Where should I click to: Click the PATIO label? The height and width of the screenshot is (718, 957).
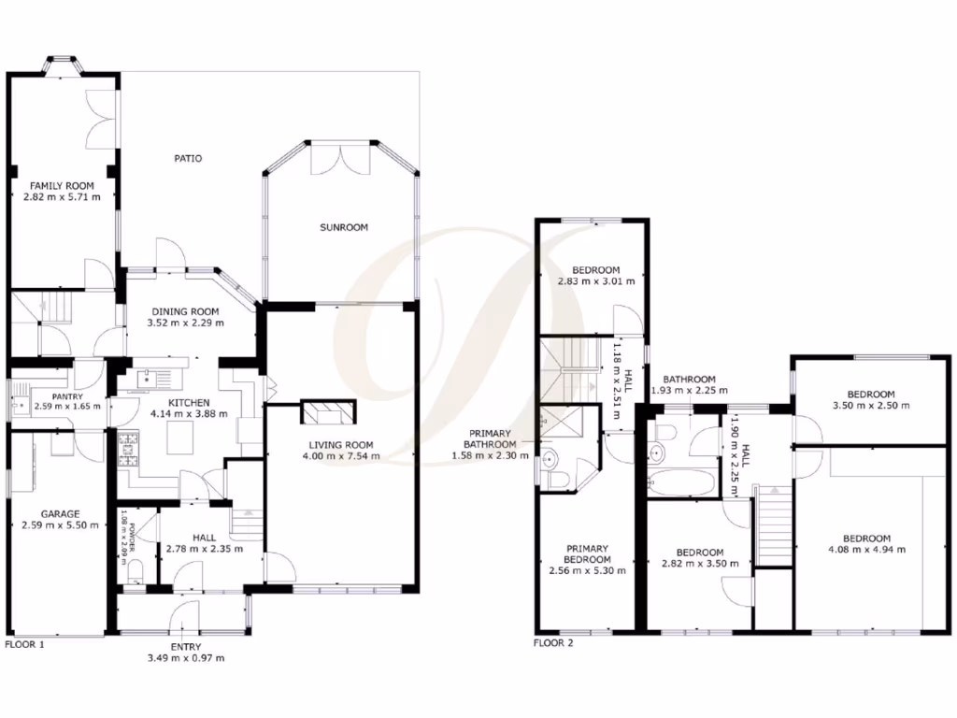pos(188,158)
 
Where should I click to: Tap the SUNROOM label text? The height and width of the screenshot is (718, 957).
pos(343,227)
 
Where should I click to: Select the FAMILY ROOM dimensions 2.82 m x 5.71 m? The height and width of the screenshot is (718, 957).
pos(63,197)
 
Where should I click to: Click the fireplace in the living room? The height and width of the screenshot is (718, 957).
pos(328,412)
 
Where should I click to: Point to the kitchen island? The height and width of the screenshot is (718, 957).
pos(181,436)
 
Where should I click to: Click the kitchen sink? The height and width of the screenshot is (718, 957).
pos(147,378)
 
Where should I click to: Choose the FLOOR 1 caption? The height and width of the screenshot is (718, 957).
pos(25,644)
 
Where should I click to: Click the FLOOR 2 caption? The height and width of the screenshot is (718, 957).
pos(553,643)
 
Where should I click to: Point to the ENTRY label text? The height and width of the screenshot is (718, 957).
pos(185,647)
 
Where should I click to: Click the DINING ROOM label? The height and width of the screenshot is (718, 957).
pos(186,311)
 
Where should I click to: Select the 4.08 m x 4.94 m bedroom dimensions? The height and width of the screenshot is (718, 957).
pos(867,550)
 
